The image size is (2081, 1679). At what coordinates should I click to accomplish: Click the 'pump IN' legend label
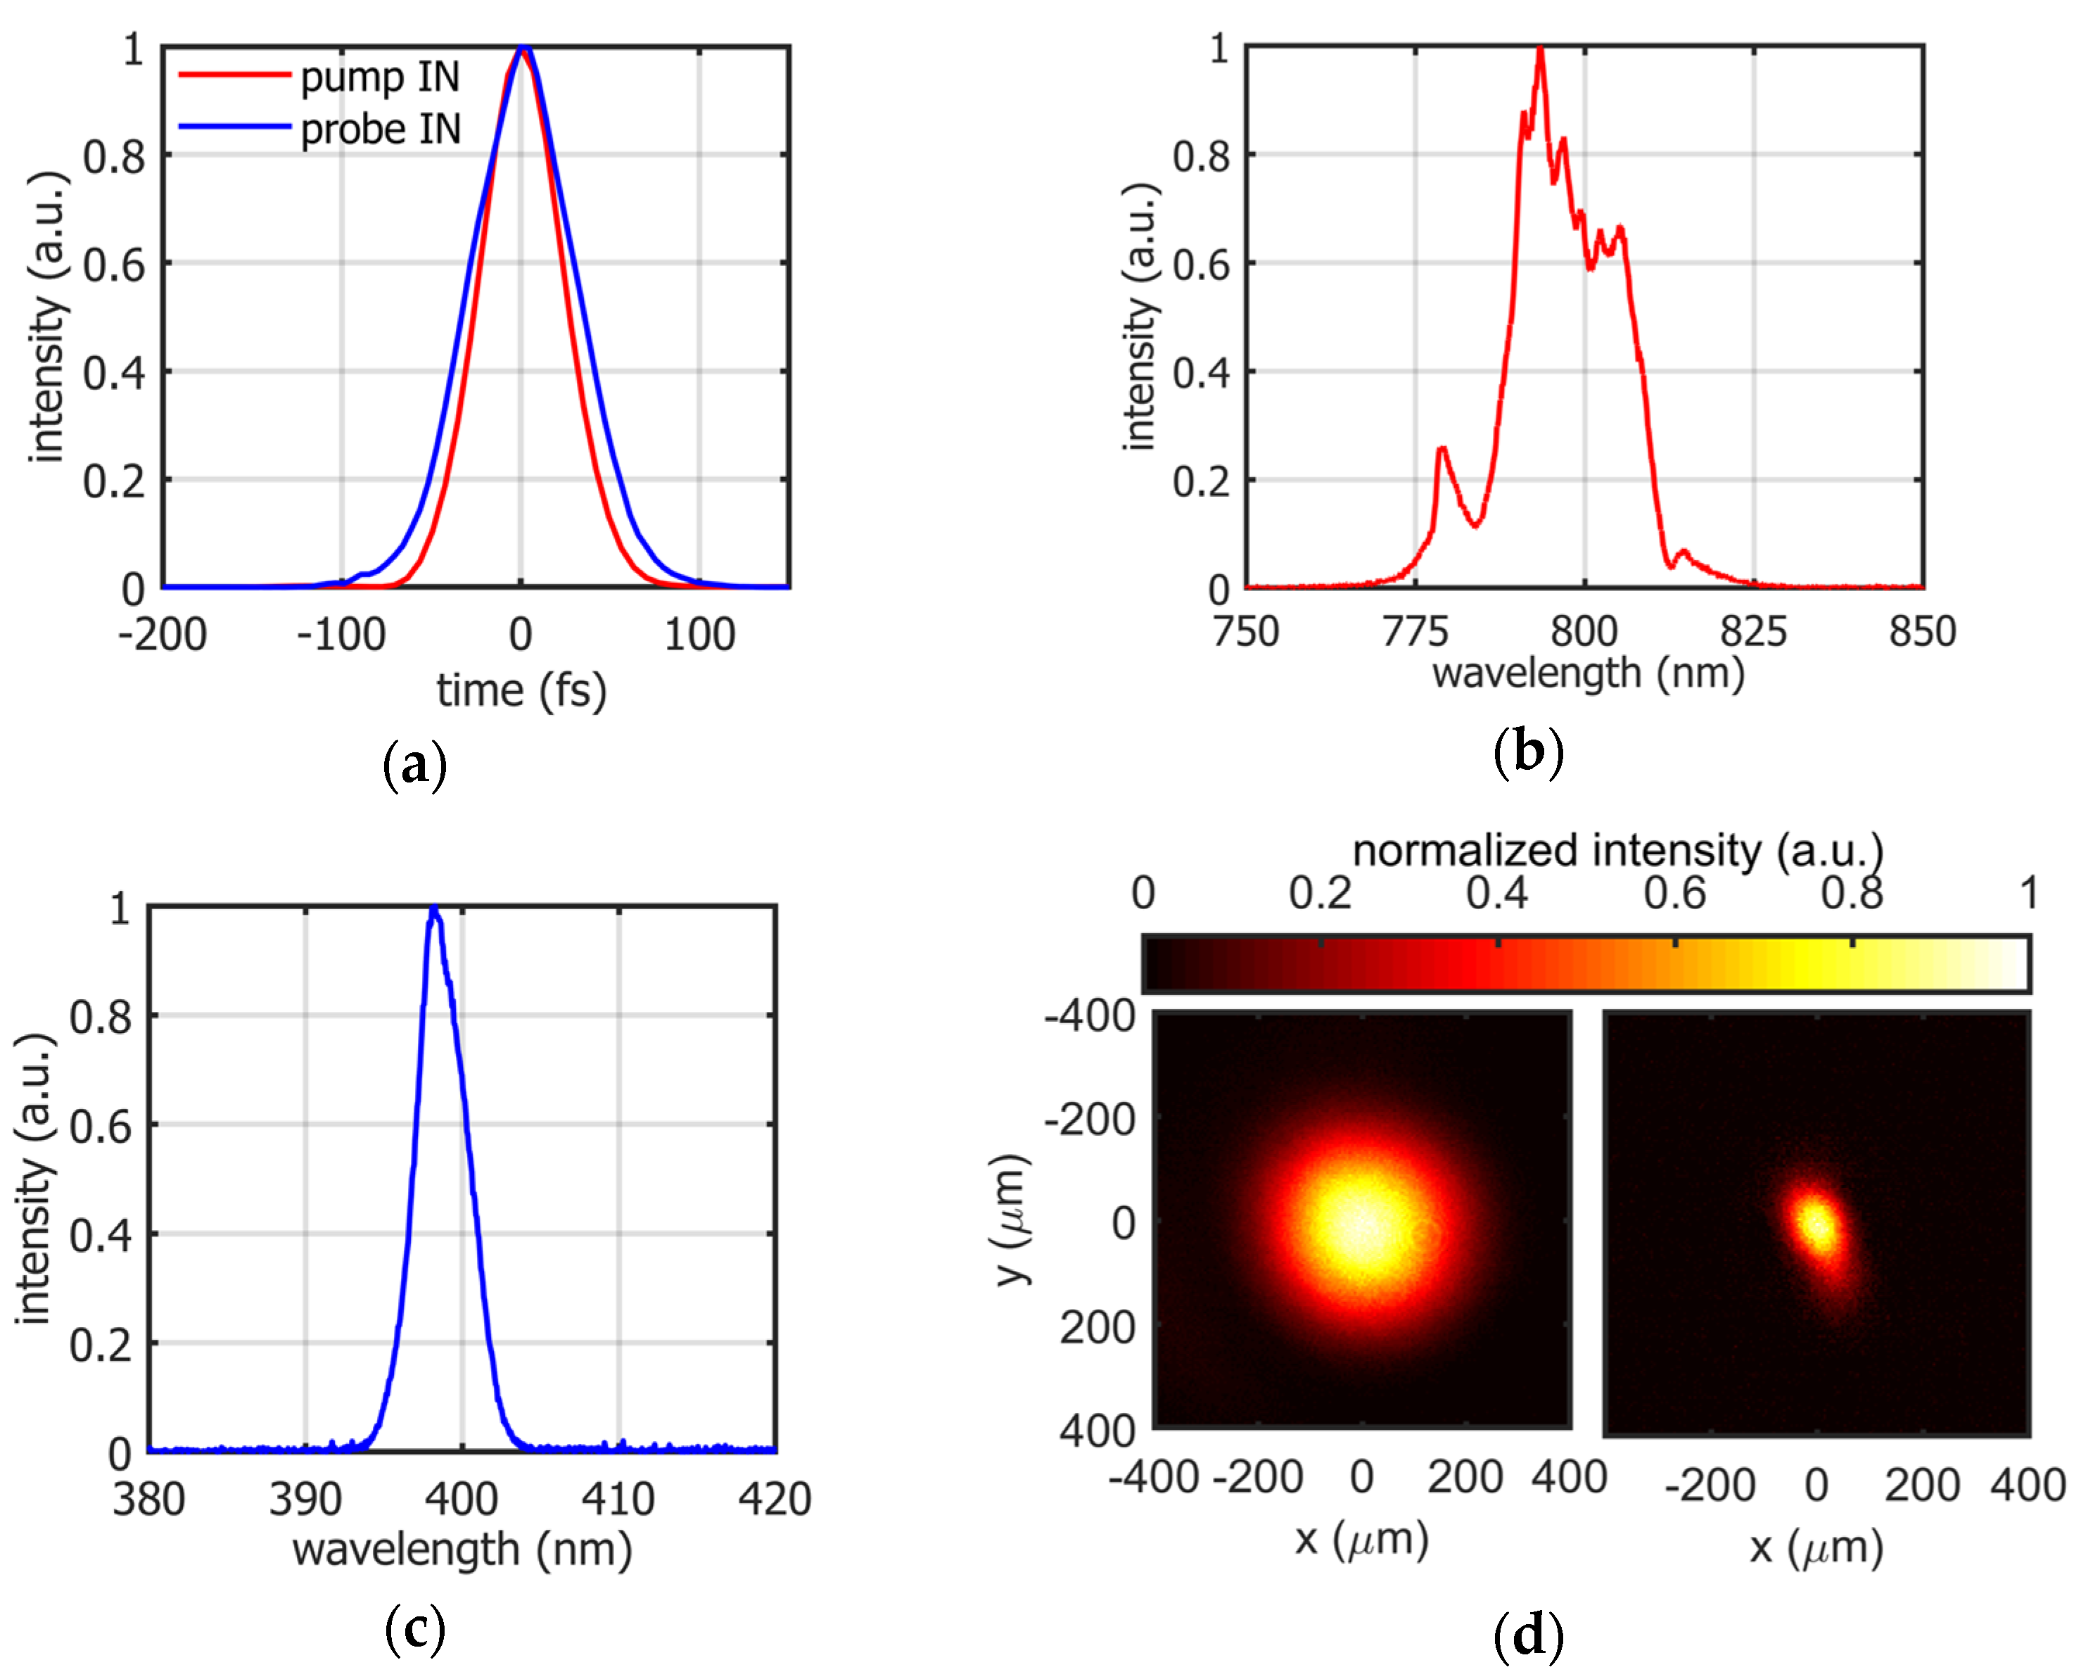[379, 77]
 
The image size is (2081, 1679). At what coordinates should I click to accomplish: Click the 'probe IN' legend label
[380, 129]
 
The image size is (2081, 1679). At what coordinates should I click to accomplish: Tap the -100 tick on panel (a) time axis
[341, 635]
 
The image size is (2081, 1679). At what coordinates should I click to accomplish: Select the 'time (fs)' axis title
[521, 690]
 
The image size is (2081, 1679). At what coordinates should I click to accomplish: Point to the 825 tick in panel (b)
[1753, 631]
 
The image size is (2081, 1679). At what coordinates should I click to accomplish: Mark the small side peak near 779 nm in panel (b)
[1442, 449]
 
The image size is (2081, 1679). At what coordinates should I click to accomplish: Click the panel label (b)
[1528, 752]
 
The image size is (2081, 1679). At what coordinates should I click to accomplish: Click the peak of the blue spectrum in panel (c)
[434, 910]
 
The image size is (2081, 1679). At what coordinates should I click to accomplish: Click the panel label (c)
[415, 1629]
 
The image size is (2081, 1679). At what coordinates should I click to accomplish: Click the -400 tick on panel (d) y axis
[1090, 1017]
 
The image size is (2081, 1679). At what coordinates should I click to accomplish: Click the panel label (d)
[1528, 1635]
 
